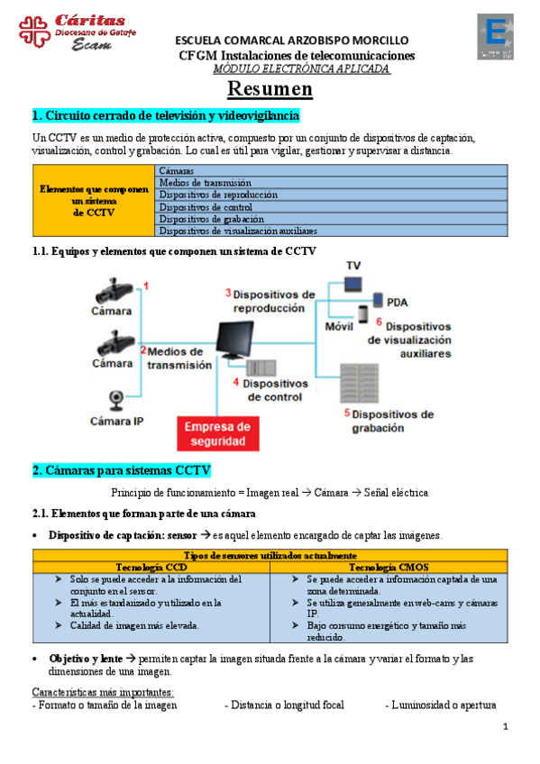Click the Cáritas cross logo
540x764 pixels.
click(34, 32)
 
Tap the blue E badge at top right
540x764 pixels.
click(495, 37)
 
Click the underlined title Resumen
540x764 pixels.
click(270, 89)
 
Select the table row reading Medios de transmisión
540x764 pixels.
click(331, 183)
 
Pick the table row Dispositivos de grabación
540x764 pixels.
click(331, 219)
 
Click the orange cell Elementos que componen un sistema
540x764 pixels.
click(94, 201)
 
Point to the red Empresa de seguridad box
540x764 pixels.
click(218, 433)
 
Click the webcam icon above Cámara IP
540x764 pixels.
click(116, 400)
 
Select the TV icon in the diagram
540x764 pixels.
click(352, 284)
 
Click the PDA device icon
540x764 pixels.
click(378, 300)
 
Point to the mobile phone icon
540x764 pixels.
click(363, 314)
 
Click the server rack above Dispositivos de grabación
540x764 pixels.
click(359, 383)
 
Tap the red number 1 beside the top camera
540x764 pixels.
click(146, 286)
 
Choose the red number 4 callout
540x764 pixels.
click(236, 382)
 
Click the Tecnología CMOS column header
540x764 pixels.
click(389, 568)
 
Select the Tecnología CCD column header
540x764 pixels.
click(151, 568)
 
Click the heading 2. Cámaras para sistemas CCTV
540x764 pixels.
click(122, 470)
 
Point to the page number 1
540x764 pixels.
click(506, 727)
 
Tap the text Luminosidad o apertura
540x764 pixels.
click(441, 705)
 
